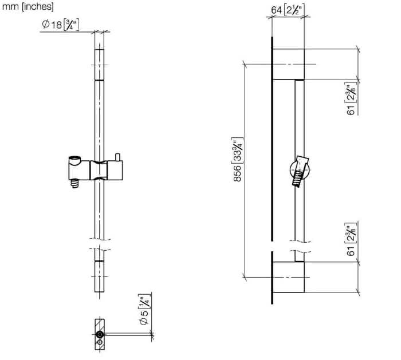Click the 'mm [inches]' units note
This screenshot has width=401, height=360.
point(27,6)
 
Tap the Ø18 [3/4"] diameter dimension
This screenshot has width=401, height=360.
point(61,25)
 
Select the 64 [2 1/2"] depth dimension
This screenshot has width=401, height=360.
point(286,10)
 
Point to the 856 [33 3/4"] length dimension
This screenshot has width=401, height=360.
point(238,160)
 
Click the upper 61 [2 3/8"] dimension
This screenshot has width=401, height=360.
point(352,98)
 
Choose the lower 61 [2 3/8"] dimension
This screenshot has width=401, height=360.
point(352,239)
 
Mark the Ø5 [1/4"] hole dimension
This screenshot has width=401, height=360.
point(144,310)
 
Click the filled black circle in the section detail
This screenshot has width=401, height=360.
point(100,334)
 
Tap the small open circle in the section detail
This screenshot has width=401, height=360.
point(100,342)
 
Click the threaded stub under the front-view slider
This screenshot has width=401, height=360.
point(74,184)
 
